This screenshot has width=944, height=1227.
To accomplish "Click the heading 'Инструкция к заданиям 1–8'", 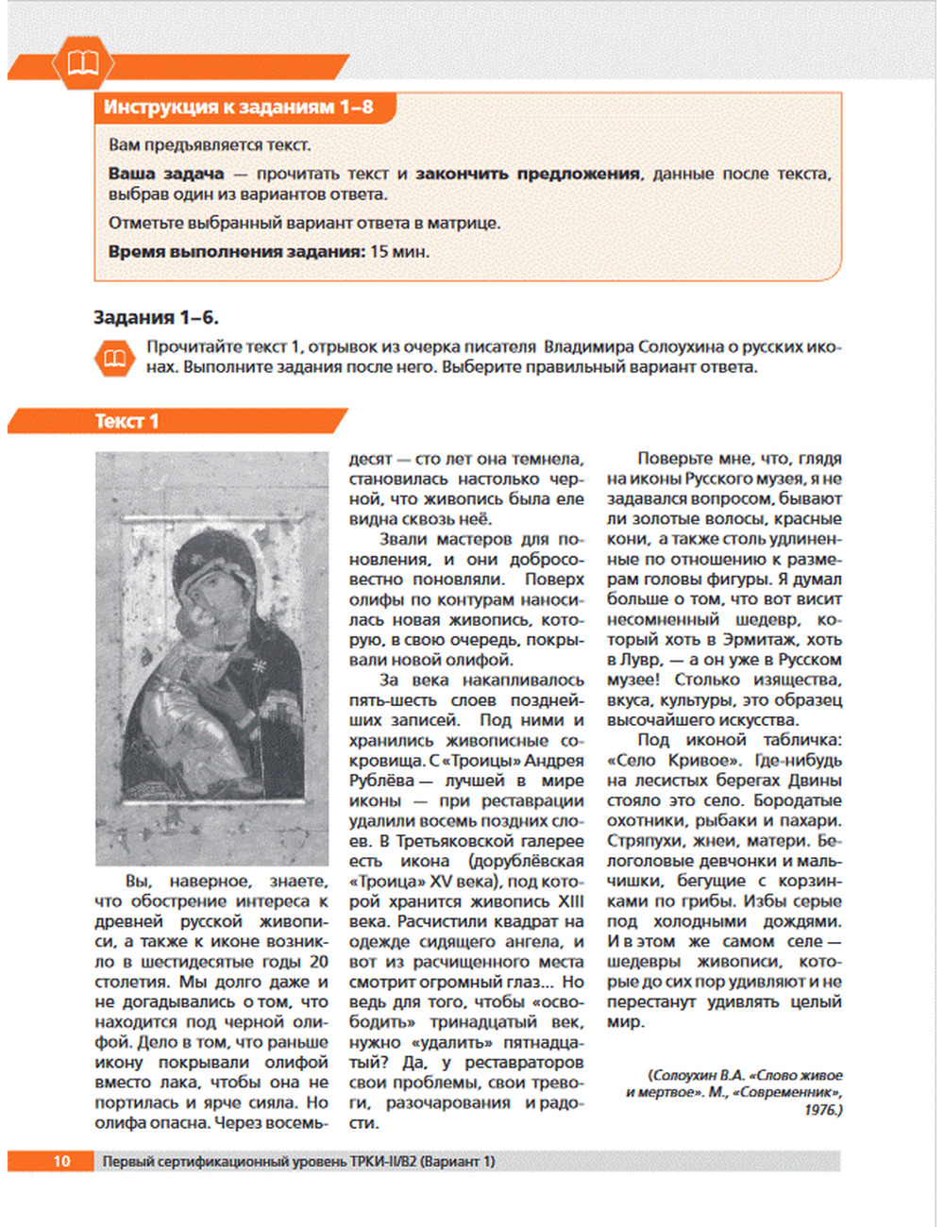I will [238, 108].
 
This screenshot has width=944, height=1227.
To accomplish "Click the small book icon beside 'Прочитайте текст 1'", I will [115, 358].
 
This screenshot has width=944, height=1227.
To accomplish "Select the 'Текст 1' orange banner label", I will [126, 422].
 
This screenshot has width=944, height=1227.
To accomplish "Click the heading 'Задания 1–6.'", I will [156, 317].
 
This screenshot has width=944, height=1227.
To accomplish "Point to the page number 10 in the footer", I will [61, 1161].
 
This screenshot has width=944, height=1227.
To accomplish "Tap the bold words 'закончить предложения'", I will [528, 174].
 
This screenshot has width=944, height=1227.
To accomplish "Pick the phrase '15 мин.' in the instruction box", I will [399, 252].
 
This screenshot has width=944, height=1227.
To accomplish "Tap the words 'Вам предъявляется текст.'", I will [209, 145].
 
